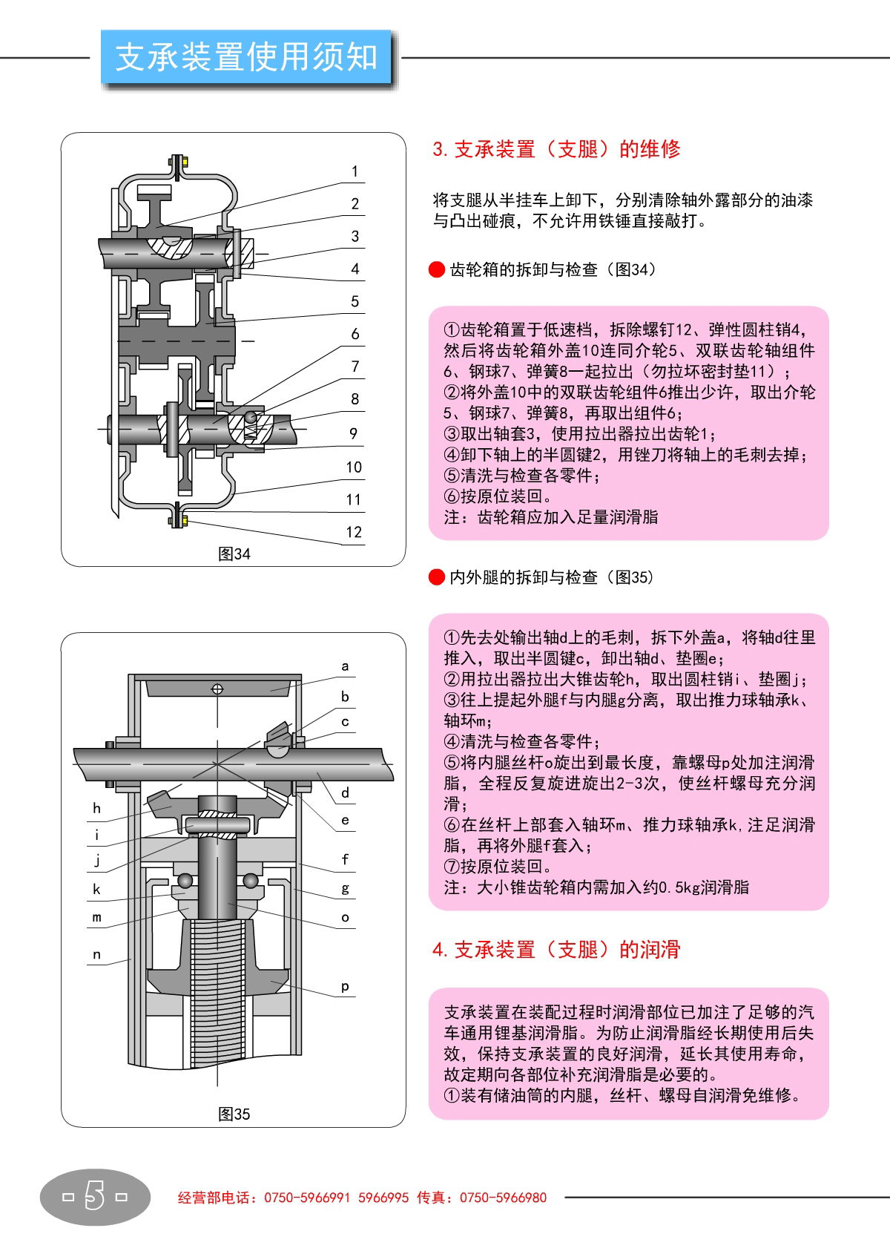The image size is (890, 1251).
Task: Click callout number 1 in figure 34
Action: click(355, 171)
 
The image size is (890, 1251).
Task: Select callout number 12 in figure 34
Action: click(354, 532)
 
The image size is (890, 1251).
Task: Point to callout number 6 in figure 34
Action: click(355, 334)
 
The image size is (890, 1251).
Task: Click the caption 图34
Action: click(234, 554)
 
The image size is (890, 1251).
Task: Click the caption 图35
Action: click(234, 1114)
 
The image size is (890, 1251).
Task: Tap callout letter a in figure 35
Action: click(345, 666)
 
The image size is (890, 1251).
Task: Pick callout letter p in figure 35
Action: click(345, 986)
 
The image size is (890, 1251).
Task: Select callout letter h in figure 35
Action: click(96, 808)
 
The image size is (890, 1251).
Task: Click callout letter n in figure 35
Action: click(96, 954)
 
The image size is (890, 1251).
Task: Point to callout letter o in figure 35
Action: click(345, 918)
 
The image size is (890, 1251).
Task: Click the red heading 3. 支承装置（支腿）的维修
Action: click(556, 149)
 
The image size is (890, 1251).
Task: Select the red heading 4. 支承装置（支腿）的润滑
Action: click(556, 950)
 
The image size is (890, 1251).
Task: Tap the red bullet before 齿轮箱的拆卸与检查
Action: click(437, 269)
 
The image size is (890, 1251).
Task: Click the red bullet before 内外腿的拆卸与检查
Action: click(437, 577)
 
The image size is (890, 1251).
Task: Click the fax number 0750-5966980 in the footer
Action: click(503, 1197)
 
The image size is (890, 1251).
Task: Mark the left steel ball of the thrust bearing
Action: click(185, 881)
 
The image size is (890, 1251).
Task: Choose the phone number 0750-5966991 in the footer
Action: click(306, 1197)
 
